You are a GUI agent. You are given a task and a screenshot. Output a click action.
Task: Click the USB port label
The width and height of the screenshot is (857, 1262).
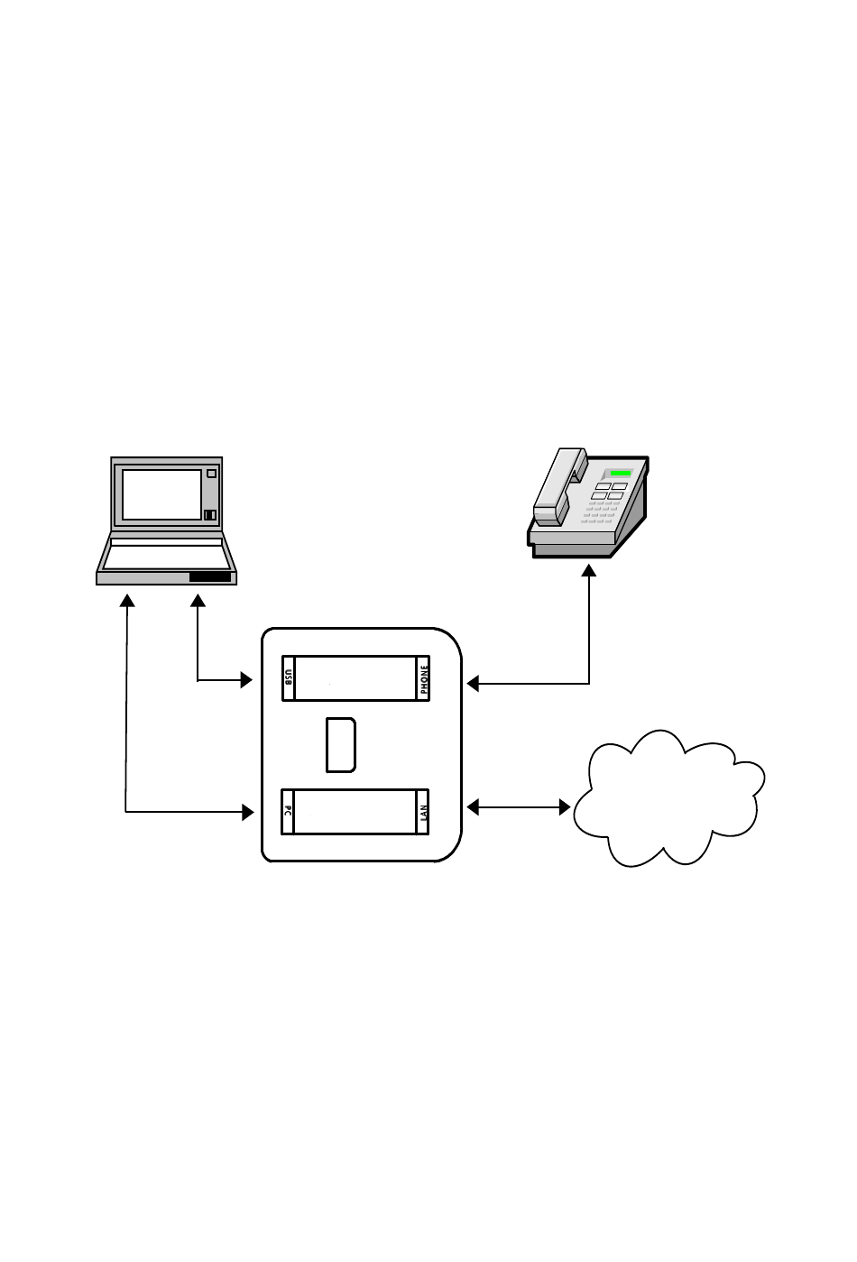pyautogui.click(x=289, y=678)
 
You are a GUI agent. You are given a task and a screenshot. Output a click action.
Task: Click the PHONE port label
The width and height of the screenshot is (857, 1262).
pyautogui.click(x=424, y=678)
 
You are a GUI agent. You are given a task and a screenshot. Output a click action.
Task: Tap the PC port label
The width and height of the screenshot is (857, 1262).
pyautogui.click(x=288, y=811)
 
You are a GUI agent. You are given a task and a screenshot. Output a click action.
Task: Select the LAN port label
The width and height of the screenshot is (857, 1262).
pyautogui.click(x=424, y=811)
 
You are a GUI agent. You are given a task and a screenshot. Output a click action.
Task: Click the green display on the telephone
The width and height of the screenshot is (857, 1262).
pyautogui.click(x=620, y=473)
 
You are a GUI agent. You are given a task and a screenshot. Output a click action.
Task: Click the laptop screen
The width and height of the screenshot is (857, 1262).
pyautogui.click(x=161, y=494)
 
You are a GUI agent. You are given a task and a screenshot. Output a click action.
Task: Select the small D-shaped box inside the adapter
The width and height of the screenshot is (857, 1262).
pyautogui.click(x=340, y=745)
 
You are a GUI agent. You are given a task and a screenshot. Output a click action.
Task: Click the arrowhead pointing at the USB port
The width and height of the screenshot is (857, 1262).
pyautogui.click(x=245, y=680)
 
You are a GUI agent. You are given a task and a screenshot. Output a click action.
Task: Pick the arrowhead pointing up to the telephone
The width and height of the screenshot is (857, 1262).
pyautogui.click(x=589, y=572)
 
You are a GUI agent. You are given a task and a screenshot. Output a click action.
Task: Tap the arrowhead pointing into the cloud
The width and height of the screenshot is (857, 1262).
pyautogui.click(x=565, y=807)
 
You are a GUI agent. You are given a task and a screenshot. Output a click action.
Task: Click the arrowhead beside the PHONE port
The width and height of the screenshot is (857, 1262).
pyautogui.click(x=473, y=684)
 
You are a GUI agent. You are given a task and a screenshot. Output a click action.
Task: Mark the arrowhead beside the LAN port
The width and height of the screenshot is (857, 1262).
pyautogui.click(x=473, y=807)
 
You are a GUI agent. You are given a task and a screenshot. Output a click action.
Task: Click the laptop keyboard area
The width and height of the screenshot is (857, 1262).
pyautogui.click(x=166, y=554)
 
